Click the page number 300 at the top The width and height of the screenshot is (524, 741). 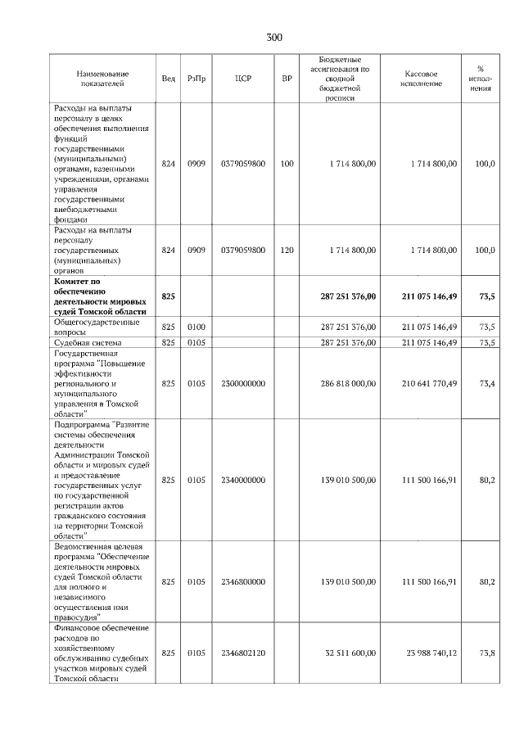tap(273, 37)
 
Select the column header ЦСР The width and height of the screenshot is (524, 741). tap(242, 79)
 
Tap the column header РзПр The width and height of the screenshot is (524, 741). tap(196, 79)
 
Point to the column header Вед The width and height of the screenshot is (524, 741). tap(168, 79)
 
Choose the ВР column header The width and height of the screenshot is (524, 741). tap(287, 79)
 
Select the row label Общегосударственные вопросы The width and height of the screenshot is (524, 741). tap(92, 327)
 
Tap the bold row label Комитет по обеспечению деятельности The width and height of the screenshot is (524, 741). tap(99, 296)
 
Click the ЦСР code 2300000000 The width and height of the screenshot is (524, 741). tap(242, 382)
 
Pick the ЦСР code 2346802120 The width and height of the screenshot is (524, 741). tap(242, 653)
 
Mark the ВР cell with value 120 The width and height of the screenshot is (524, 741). tap(287, 250)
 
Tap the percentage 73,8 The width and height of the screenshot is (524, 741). tap(486, 653)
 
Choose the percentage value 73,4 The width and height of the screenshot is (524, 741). tap(486, 382)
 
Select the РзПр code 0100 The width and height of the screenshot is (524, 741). tap(196, 327)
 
